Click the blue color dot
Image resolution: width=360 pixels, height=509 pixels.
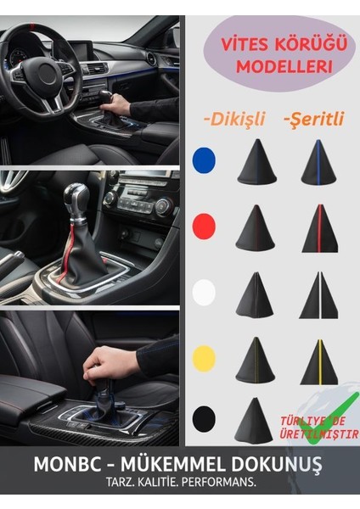point(204,160)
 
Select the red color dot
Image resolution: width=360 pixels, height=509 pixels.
point(204,226)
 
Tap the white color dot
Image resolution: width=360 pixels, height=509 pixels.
point(204,293)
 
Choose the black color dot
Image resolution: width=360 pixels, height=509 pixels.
point(204,419)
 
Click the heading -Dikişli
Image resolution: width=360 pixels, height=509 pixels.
point(233,120)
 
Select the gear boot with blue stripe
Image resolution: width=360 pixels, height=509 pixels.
point(318,163)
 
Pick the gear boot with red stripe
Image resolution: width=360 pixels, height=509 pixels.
point(319,229)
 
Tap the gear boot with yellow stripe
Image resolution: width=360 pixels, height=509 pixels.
point(319,361)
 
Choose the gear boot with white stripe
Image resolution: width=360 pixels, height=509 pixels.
point(319,296)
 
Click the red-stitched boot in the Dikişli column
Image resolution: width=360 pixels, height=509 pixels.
point(256,229)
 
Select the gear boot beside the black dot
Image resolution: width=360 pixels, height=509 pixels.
point(256,420)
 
